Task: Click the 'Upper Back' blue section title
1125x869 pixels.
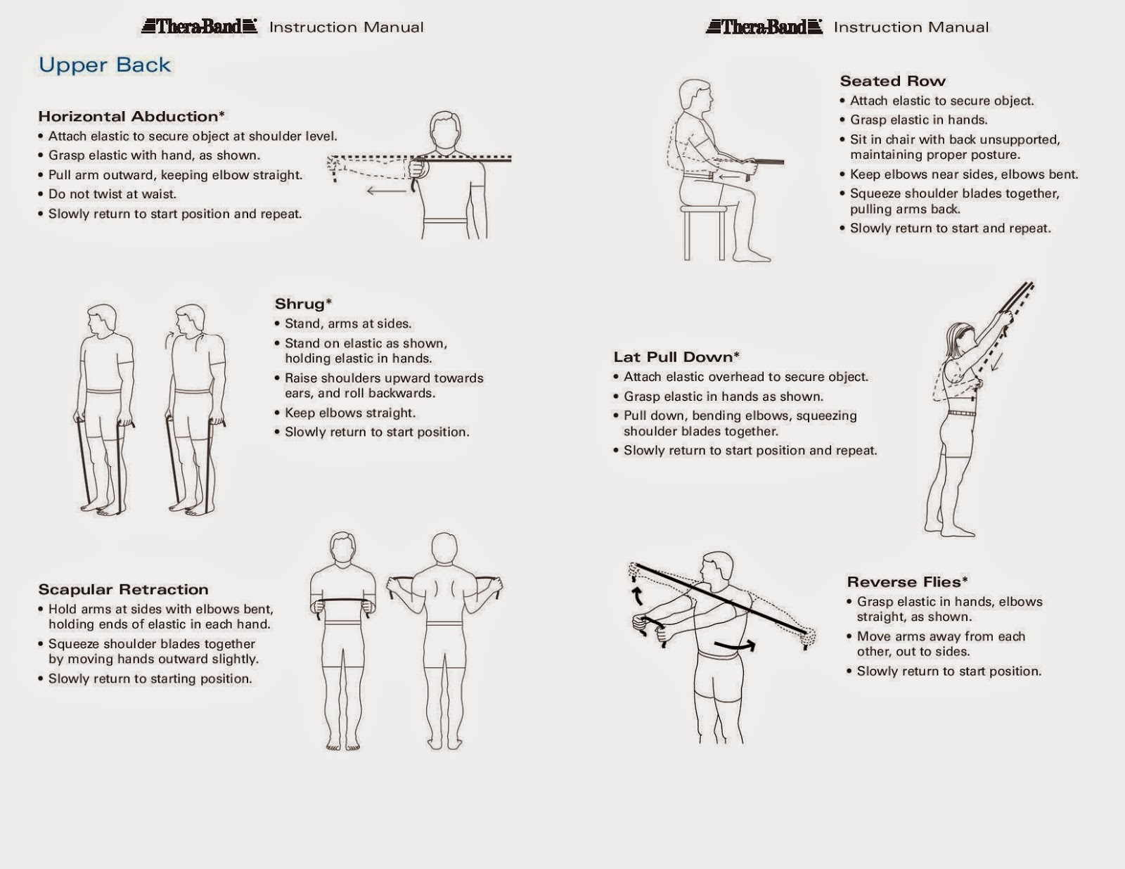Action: [105, 65]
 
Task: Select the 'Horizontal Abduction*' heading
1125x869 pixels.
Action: [131, 117]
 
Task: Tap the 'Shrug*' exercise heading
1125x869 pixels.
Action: [303, 304]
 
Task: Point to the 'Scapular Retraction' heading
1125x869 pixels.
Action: [123, 589]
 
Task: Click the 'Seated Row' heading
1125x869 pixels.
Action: [892, 81]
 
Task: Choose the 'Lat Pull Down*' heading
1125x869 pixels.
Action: [676, 357]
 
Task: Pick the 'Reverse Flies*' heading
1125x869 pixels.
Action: [907, 582]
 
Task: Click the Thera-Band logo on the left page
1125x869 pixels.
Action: [200, 27]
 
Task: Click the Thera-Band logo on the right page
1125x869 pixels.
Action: [764, 27]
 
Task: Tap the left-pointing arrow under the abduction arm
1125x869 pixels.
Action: [386, 191]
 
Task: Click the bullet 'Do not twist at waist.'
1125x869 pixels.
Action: [112, 194]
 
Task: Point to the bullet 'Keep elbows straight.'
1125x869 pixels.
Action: [349, 413]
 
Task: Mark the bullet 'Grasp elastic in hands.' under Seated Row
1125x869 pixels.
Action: [918, 120]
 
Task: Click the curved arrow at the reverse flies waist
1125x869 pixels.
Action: [735, 645]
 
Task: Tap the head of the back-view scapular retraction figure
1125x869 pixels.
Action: [444, 548]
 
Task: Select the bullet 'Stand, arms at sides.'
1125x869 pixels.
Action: [347, 324]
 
